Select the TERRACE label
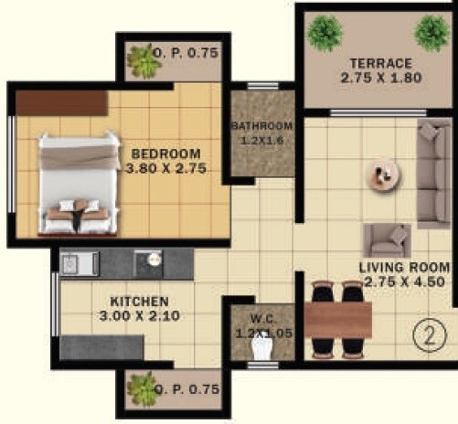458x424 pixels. pyautogui.click(x=379, y=64)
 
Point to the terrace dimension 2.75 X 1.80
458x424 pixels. pyautogui.click(x=379, y=79)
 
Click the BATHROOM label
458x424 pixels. pyautogui.click(x=261, y=126)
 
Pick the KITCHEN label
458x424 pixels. pyautogui.click(x=139, y=301)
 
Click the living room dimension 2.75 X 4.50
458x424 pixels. pyautogui.click(x=405, y=282)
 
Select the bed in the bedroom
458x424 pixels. pyautogui.click(x=80, y=183)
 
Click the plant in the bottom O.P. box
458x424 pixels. pyautogui.click(x=143, y=388)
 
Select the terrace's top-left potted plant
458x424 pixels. pyautogui.click(x=325, y=32)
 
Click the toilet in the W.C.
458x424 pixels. pyautogui.click(x=262, y=345)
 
